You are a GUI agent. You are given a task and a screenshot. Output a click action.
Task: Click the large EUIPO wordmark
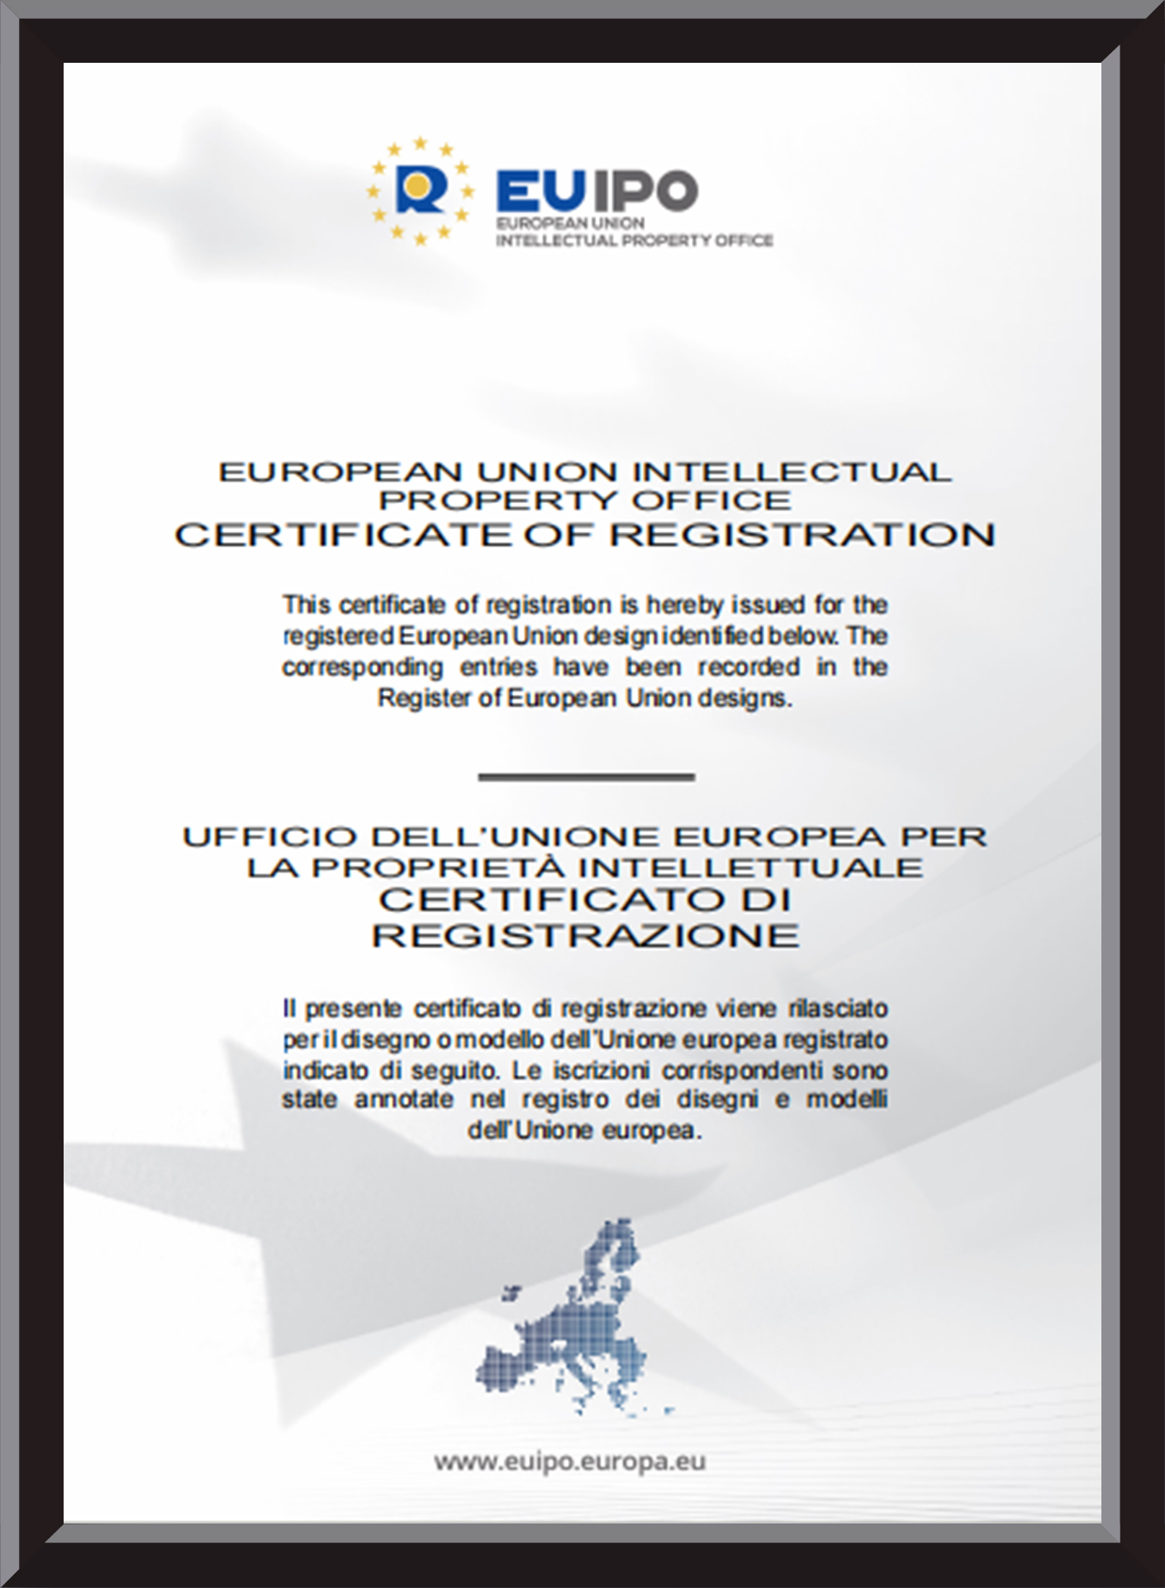click(597, 190)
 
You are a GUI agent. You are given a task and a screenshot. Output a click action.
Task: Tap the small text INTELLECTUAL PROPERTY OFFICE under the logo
click(634, 240)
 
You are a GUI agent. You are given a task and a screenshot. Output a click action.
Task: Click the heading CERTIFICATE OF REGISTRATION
click(584, 535)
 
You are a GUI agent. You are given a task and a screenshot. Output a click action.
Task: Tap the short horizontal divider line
click(586, 777)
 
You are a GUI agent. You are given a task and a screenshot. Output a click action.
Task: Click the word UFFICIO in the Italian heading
click(269, 837)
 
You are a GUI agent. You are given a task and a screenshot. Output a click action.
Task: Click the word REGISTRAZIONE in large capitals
click(586, 936)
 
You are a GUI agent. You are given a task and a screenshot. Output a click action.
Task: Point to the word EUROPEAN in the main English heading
click(340, 473)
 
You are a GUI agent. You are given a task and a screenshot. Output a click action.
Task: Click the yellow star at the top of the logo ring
click(421, 143)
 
